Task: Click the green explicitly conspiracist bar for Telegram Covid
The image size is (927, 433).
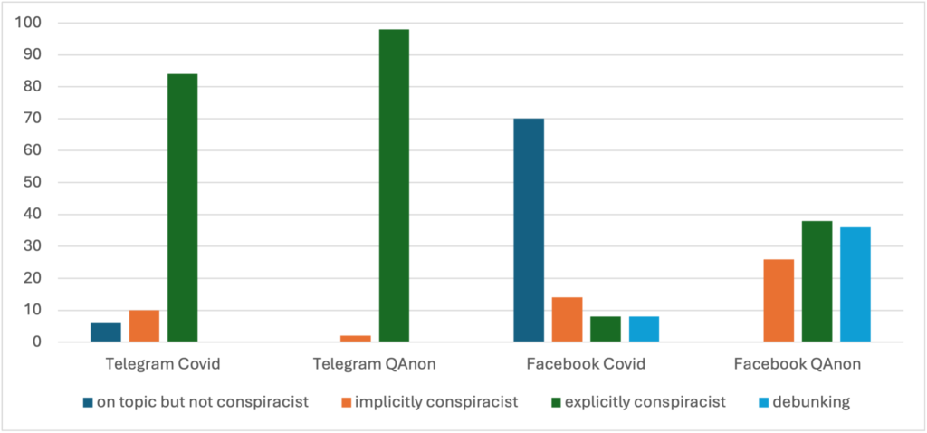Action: coord(183,207)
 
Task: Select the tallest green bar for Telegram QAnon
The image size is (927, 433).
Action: coord(394,186)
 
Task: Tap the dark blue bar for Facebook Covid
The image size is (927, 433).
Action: coord(529,230)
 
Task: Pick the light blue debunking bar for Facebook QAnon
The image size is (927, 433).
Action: coord(855,284)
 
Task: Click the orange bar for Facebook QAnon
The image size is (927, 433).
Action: coord(779,300)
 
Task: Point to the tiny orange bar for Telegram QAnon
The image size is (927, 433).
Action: coord(356,338)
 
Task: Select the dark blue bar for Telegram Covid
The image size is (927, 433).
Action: coord(106,332)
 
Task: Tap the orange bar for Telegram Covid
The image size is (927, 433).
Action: coord(144,326)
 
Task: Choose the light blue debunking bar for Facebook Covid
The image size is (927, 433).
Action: coord(644,329)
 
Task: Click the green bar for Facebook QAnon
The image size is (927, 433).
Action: coord(817,281)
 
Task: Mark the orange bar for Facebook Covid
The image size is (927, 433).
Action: coord(568,320)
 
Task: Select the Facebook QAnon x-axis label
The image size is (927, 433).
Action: coord(797,365)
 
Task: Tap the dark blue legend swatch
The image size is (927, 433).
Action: coord(87,401)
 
